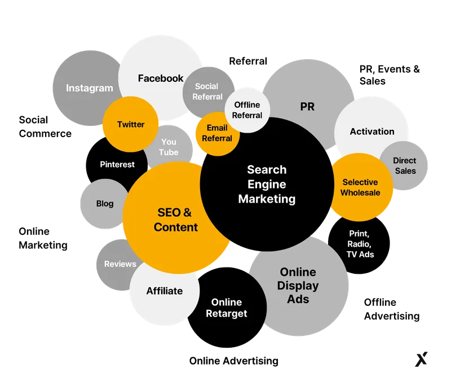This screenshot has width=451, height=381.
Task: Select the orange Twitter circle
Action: click(131, 124)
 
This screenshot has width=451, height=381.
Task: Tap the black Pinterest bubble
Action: click(117, 165)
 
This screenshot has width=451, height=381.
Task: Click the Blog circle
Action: click(105, 204)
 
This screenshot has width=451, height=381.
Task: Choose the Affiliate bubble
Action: click(165, 291)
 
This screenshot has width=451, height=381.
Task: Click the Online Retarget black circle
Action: click(227, 308)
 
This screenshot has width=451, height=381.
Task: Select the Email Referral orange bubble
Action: click(218, 134)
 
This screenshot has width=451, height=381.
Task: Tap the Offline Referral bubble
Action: click(247, 110)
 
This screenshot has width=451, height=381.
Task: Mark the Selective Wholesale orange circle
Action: click(360, 187)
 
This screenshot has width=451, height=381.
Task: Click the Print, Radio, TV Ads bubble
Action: click(359, 244)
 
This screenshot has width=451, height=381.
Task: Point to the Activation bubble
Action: click(372, 132)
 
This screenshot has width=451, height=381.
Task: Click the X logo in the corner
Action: click(421, 360)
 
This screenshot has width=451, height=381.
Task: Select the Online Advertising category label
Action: click(234, 361)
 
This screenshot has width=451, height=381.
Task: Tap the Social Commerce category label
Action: click(45, 126)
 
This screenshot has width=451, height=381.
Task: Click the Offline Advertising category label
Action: click(392, 309)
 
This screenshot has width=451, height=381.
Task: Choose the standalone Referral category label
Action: click(248, 61)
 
